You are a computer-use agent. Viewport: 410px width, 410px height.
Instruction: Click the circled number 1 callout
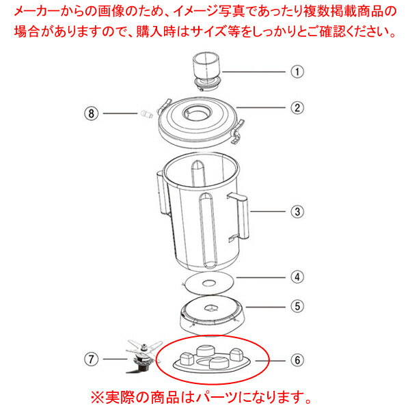(297, 72)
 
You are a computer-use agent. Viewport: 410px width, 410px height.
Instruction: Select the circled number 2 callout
(297, 108)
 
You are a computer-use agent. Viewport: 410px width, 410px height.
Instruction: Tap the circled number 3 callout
(297, 211)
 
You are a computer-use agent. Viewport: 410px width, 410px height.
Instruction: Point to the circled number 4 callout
(297, 277)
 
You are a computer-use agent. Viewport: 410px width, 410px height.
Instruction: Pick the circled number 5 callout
(297, 306)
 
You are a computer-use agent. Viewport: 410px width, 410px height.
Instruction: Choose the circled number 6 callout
(297, 361)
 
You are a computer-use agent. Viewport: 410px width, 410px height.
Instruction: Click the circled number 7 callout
(92, 359)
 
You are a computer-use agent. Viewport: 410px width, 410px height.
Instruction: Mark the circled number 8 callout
(92, 113)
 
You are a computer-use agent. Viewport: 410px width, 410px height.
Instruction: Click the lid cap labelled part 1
(207, 71)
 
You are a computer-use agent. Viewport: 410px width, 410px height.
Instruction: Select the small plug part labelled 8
(146, 114)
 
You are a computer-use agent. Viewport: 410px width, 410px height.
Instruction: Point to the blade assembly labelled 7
(143, 355)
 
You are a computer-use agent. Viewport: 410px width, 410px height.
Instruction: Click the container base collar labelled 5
(213, 315)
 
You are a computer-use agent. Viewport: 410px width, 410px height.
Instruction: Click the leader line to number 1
(254, 72)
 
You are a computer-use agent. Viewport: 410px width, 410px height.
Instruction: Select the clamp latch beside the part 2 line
(237, 131)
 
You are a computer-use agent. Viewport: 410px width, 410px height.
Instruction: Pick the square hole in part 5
(211, 307)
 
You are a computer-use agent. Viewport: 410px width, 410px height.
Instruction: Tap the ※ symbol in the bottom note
(98, 398)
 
